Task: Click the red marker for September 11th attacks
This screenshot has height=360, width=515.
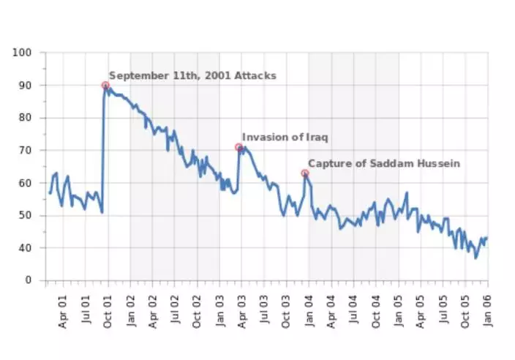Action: (105, 86)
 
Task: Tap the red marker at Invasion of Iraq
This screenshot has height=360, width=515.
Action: (238, 148)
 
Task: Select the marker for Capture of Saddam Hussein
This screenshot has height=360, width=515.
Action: (305, 173)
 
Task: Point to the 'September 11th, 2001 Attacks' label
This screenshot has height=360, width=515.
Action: (192, 75)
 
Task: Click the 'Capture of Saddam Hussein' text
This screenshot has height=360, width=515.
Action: (383, 164)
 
